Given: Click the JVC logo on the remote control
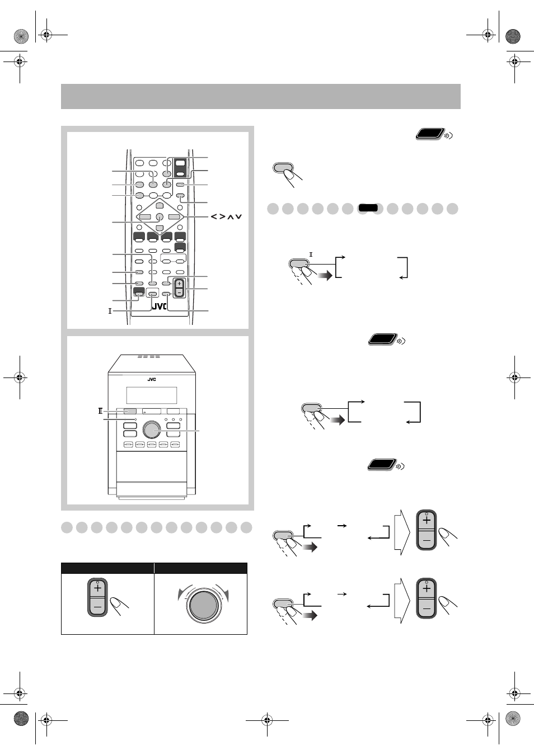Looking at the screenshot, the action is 159,306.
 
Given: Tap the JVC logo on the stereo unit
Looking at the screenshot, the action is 152,380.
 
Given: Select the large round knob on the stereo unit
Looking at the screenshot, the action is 152,430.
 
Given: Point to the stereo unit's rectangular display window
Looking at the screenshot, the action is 152,395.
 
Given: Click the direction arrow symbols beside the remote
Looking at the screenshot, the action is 226,216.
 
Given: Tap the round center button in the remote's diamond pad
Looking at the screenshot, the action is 160,217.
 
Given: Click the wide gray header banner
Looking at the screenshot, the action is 261,96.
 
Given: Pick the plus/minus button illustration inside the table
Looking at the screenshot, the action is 97,597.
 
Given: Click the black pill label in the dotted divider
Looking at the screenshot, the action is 368,207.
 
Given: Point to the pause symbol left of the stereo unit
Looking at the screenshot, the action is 100,411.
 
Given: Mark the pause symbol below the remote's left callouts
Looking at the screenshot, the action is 110,311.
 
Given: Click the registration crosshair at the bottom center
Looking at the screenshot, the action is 267,720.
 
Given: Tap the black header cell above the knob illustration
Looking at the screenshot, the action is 201,568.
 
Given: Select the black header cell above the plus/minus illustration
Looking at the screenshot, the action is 107,568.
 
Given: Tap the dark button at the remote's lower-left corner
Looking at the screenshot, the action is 139,291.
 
